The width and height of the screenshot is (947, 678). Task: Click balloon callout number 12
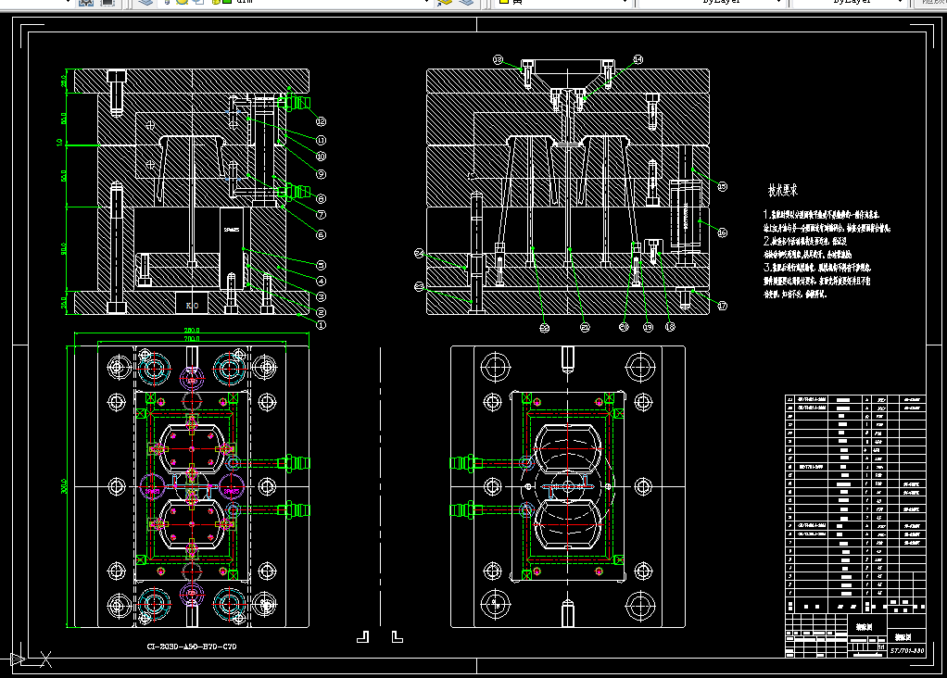tap(321, 120)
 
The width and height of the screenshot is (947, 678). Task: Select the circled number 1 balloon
tap(321, 324)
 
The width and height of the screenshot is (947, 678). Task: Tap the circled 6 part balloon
tap(321, 234)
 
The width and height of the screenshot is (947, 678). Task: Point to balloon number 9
tap(321, 173)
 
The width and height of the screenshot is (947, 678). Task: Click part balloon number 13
tap(498, 59)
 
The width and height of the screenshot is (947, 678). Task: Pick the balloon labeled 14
tap(638, 59)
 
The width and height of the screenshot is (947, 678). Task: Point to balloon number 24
tap(419, 253)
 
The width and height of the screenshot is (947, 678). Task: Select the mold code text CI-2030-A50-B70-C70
tap(192, 647)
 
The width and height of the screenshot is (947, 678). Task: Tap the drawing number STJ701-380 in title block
tap(907, 651)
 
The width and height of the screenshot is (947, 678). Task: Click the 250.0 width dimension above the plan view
tap(192, 331)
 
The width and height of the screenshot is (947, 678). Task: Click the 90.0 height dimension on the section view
tap(64, 248)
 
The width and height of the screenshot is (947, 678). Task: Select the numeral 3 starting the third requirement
tap(766, 266)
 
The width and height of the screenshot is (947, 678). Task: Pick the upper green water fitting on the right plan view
tap(464, 461)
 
